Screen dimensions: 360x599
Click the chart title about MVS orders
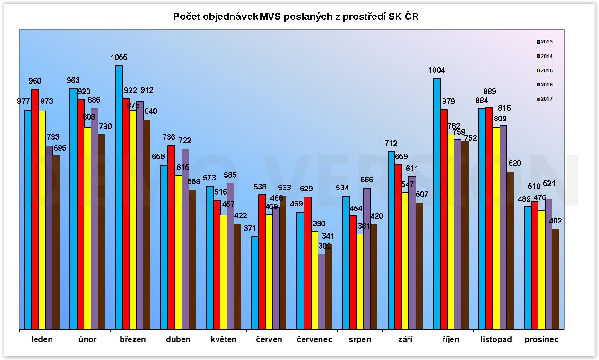pos(296,17)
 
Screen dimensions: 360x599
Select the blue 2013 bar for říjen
pos(436,204)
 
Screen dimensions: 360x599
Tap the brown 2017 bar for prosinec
pos(556,279)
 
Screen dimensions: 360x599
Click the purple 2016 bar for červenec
pos(321,291)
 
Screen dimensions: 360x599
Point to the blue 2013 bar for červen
pos(255,283)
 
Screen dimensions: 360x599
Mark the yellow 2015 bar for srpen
pos(360,281)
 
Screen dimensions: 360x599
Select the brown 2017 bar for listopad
pos(510,250)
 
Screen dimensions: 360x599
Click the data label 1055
pos(119,58)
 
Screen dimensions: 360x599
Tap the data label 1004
pos(436,70)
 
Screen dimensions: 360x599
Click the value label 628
pos(514,163)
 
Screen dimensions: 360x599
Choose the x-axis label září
pos(405,339)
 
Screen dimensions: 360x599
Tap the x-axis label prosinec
pos(541,339)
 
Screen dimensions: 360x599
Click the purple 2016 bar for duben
pos(185,239)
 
